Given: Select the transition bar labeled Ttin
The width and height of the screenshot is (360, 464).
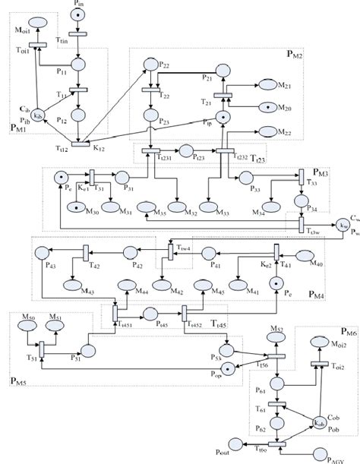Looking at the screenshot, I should click(x=79, y=33).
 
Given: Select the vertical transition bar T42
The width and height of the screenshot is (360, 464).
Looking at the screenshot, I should click(x=86, y=252).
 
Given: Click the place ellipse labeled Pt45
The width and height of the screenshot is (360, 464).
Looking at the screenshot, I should click(x=149, y=313).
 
